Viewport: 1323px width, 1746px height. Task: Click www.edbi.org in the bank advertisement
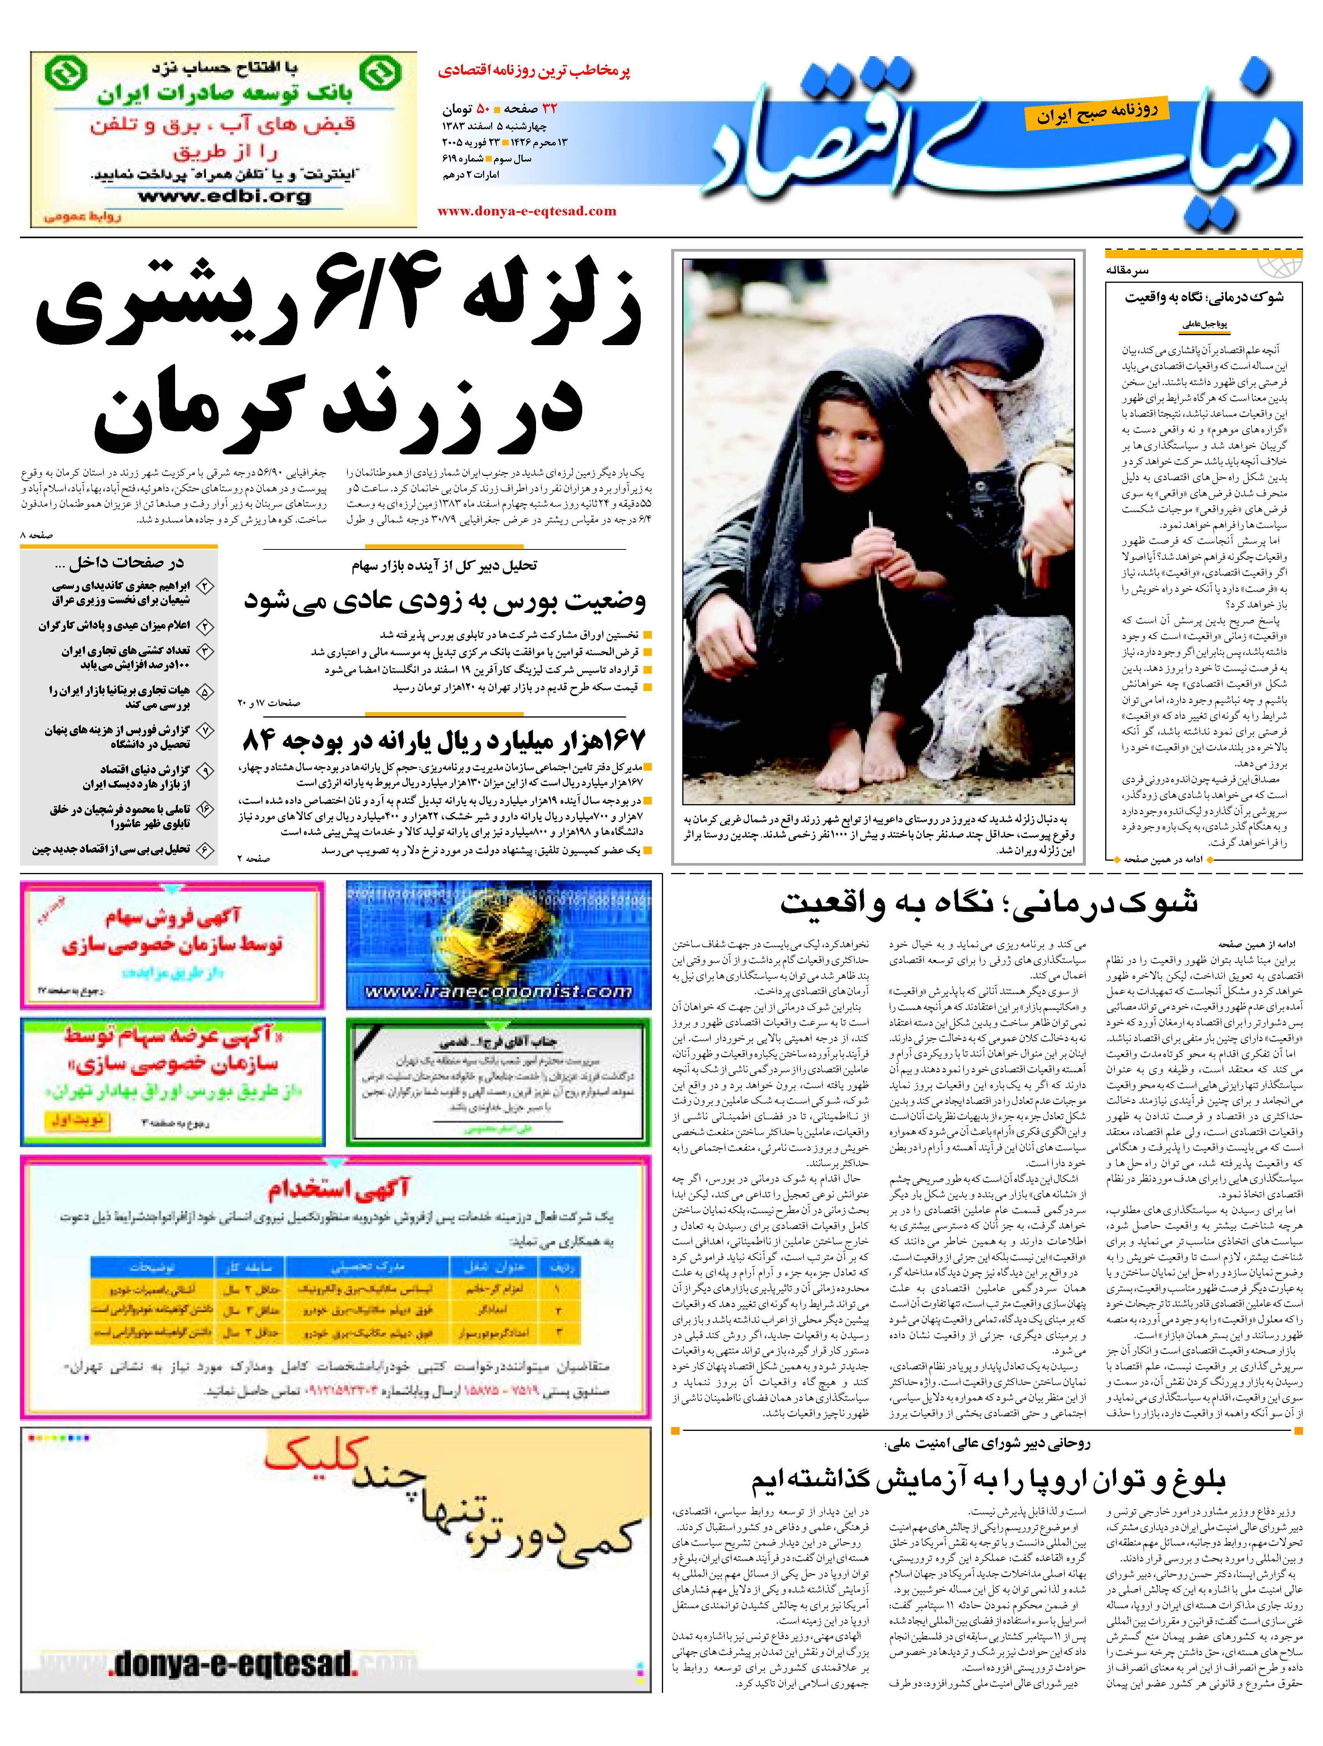tap(225, 197)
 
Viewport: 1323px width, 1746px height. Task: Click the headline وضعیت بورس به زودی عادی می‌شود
tap(444, 601)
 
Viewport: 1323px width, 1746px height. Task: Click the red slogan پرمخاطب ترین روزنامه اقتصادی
tap(535, 71)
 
